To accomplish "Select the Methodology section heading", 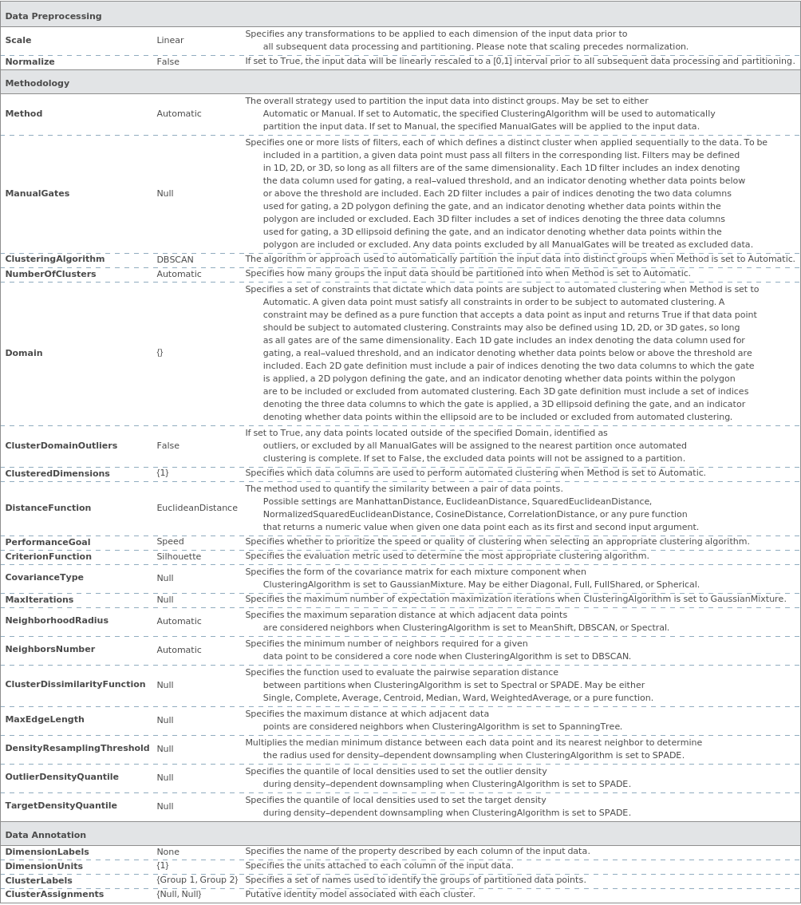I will (37, 83).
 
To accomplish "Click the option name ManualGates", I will (37, 193).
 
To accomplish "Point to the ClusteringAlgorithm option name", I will (55, 259).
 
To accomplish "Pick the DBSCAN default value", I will (175, 259).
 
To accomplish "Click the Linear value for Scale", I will (170, 40).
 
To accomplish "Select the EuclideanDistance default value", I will (197, 508).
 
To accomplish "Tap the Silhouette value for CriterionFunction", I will (179, 556).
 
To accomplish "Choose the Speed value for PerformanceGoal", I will (170, 542).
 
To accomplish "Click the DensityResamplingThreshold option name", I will (77, 749).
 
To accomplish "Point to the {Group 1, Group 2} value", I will (197, 880).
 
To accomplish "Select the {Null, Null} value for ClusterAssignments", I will (179, 895).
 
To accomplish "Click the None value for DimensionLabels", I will (168, 852).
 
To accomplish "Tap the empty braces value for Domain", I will (160, 353).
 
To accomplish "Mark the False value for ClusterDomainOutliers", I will (168, 445).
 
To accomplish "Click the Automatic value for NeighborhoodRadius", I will (179, 621).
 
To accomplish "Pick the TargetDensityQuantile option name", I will (61, 806).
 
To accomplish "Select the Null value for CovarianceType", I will (165, 578).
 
